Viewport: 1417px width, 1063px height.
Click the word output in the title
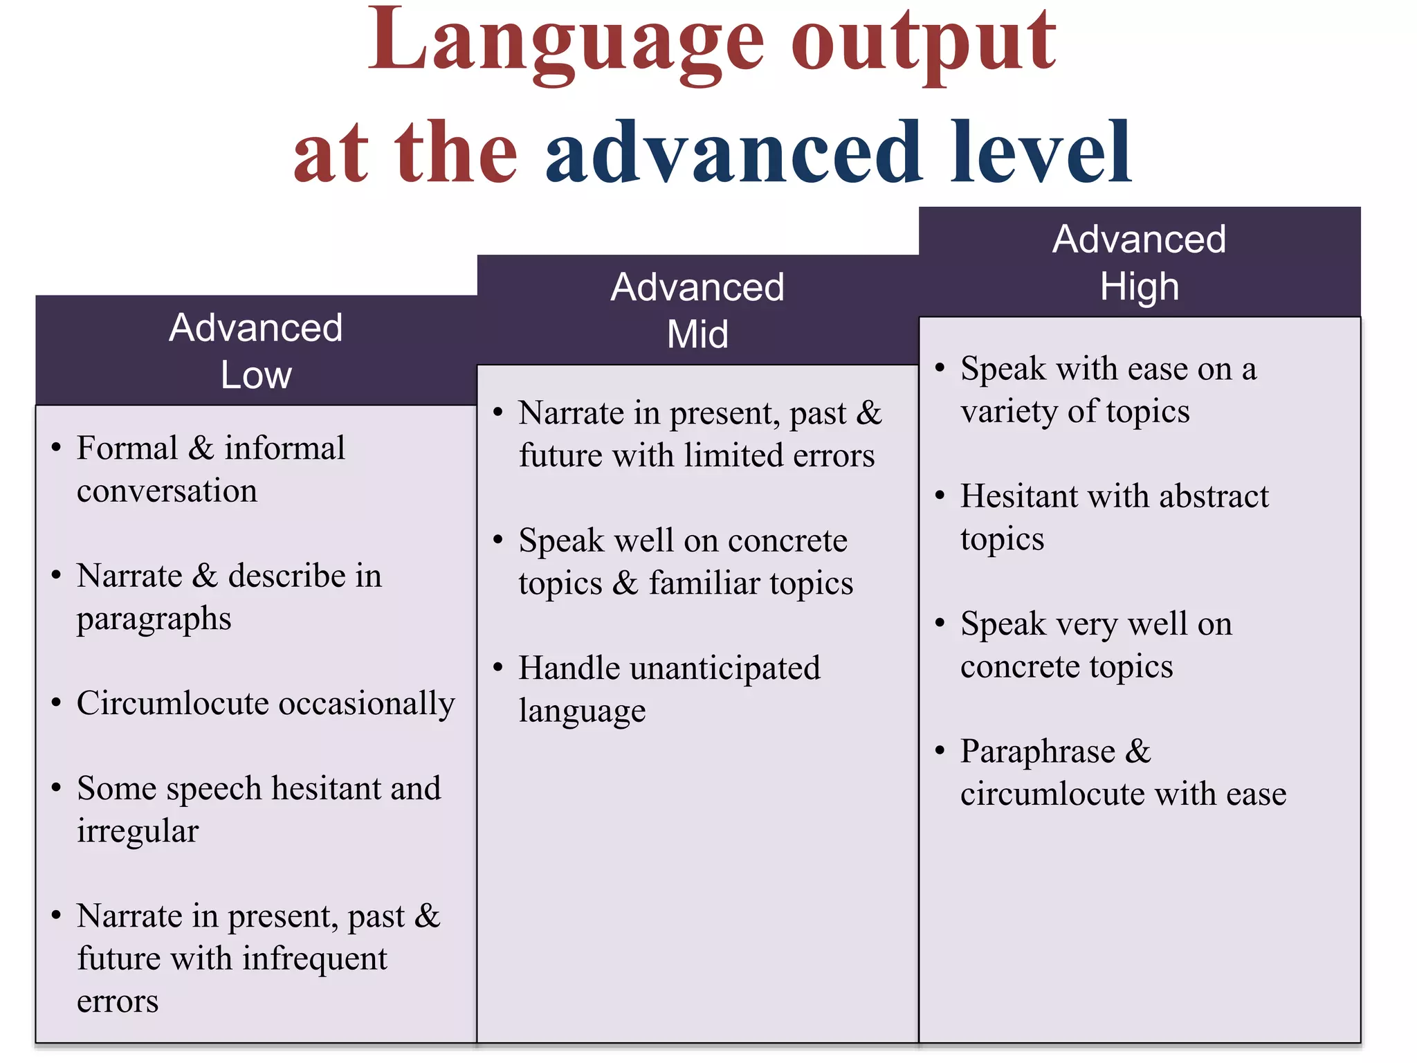tap(924, 43)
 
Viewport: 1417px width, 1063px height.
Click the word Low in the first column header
tap(256, 375)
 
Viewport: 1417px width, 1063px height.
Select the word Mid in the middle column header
tap(697, 334)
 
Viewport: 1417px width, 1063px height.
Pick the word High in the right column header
tap(1140, 287)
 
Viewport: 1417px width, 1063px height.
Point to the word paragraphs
tap(154, 619)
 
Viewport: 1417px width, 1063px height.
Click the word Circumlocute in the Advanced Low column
tap(172, 703)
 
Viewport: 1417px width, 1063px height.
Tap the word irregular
tap(138, 831)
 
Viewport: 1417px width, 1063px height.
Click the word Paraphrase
tap(1038, 752)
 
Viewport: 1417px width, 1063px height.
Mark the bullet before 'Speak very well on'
tap(940, 623)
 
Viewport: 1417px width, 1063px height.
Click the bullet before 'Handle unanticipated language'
tap(497, 667)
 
